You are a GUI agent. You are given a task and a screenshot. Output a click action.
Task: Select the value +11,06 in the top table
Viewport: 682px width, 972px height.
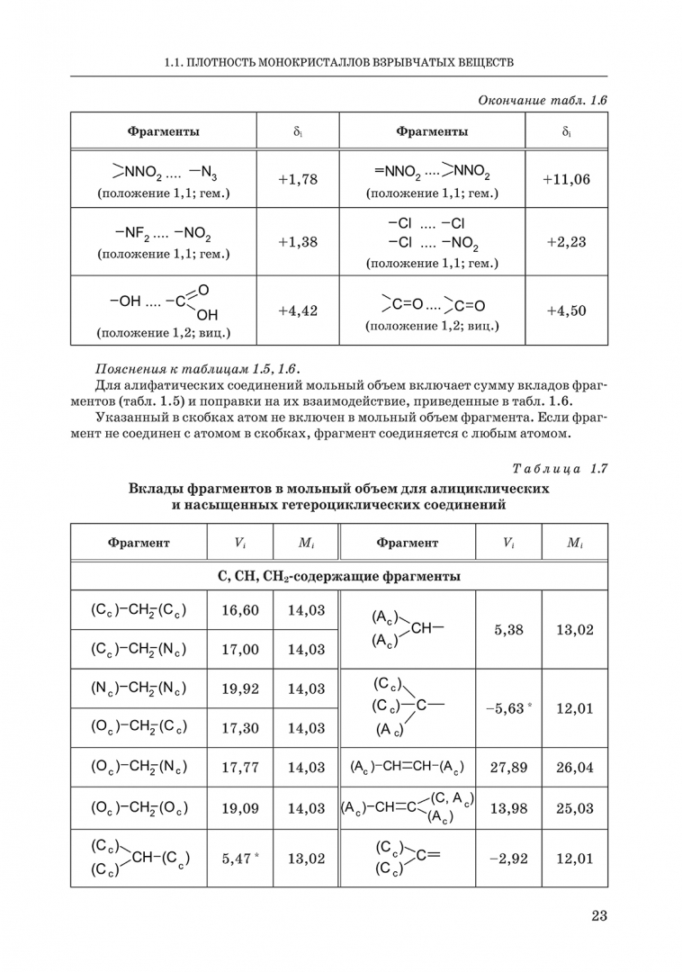click(566, 178)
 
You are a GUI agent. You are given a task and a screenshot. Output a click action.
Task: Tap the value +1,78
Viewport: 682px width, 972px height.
click(298, 178)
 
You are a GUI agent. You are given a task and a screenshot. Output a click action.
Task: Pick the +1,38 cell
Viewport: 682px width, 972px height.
click(298, 241)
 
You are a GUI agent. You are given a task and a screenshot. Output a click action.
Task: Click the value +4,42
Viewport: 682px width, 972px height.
click(298, 310)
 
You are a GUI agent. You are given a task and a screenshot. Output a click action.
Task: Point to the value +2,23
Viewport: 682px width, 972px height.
click(566, 241)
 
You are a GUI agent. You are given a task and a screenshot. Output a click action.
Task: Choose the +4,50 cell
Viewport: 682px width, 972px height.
click(566, 310)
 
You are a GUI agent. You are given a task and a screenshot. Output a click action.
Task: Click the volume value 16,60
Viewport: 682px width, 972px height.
click(239, 610)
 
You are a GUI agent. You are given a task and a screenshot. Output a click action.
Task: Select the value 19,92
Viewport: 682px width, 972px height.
click(239, 688)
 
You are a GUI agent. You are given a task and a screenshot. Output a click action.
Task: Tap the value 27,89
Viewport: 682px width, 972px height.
click(508, 768)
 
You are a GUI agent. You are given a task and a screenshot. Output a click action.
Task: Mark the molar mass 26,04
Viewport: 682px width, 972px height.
click(574, 768)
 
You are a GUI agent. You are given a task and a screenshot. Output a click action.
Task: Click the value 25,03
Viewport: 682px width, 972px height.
click(574, 808)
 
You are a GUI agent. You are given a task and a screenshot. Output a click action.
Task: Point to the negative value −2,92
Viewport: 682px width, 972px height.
click(508, 859)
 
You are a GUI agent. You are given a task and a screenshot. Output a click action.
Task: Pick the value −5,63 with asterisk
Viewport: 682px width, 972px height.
click(508, 708)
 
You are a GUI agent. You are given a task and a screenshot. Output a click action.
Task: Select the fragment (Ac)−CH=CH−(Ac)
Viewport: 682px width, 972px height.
click(407, 768)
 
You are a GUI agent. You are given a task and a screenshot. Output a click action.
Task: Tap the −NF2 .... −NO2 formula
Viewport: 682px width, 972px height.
click(163, 236)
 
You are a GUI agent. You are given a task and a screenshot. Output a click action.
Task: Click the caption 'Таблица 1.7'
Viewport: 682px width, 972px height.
click(561, 469)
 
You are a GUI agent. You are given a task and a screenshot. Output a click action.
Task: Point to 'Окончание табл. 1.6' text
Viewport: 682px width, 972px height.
click(543, 100)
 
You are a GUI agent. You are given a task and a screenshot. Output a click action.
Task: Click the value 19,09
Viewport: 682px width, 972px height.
click(239, 808)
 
